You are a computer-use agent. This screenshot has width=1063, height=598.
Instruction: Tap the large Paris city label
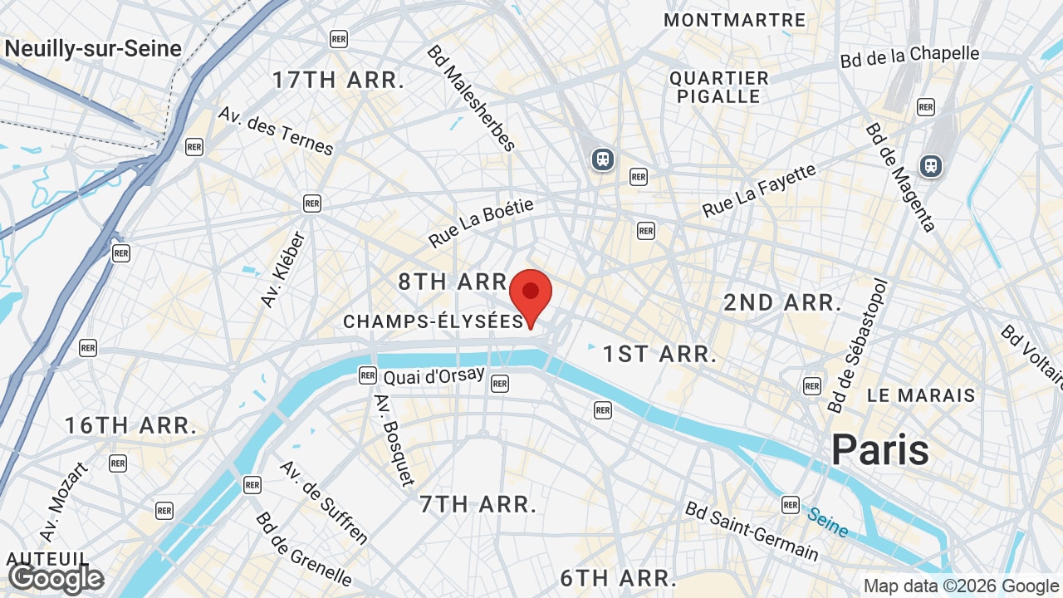click(880, 450)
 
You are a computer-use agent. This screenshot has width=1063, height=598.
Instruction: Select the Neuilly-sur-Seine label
click(93, 48)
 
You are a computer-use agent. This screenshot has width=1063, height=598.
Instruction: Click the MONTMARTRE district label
click(735, 20)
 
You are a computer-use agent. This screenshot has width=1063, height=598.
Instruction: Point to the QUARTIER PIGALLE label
click(719, 87)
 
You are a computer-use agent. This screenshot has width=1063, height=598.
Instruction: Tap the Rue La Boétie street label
click(481, 223)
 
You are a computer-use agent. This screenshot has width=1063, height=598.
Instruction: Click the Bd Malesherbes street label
click(471, 98)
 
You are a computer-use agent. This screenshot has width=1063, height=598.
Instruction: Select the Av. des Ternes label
click(276, 130)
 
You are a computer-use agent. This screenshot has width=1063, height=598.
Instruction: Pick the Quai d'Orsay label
click(434, 376)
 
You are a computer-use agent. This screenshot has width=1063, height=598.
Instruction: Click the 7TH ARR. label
click(478, 504)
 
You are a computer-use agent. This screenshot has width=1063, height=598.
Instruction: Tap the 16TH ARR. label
click(131, 426)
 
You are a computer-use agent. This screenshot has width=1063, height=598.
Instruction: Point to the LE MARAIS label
click(921, 395)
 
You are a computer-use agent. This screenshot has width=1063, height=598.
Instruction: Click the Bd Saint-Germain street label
click(752, 531)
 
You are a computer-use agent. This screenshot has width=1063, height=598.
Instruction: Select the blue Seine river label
click(828, 522)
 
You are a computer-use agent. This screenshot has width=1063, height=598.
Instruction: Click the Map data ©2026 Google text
click(962, 586)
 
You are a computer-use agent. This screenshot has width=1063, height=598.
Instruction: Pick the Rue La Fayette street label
click(759, 191)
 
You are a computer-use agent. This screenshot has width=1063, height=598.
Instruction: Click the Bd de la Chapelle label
click(909, 56)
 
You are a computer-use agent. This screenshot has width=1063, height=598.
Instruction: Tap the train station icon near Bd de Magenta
click(931, 165)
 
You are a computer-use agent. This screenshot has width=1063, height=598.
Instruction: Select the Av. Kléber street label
click(283, 269)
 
